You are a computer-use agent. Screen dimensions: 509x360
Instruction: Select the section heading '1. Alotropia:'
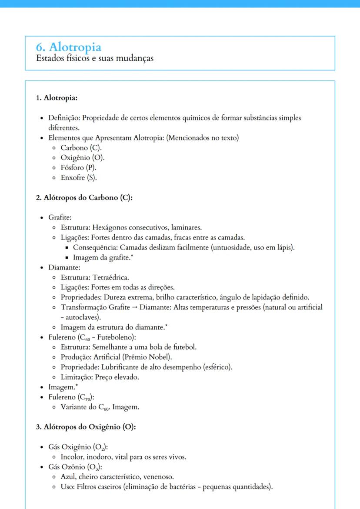point(57,98)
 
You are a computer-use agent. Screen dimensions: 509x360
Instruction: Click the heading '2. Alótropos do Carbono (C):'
point(84,197)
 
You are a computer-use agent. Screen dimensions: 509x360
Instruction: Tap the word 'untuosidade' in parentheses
point(237,247)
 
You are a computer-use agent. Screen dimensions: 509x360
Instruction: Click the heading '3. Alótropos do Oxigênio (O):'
point(86,427)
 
